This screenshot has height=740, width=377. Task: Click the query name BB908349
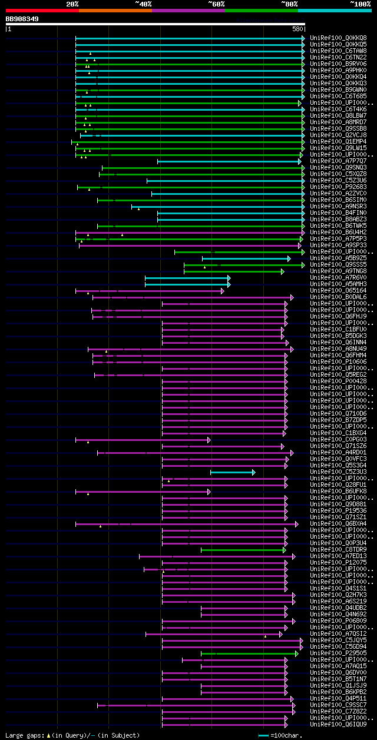[x=22, y=19]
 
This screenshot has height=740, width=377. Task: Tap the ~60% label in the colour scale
[x=216, y=4]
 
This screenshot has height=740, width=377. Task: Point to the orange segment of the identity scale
[x=115, y=10]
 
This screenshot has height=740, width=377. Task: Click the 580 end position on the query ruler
[x=297, y=29]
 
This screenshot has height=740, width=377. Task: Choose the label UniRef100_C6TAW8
[x=338, y=51]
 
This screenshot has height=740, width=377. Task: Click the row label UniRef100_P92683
[x=338, y=187]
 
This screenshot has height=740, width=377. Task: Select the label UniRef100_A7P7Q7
[x=338, y=161]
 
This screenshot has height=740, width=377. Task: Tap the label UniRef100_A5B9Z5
[x=338, y=258]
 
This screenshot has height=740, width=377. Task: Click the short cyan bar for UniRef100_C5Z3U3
[x=232, y=472]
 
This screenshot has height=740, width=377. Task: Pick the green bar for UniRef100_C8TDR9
[x=242, y=550]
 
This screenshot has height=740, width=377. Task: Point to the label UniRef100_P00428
[x=338, y=381]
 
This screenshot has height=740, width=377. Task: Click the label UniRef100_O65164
[x=338, y=290]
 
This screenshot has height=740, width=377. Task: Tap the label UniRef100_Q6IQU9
[x=338, y=725]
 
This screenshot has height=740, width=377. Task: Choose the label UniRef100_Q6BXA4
[x=338, y=523]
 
